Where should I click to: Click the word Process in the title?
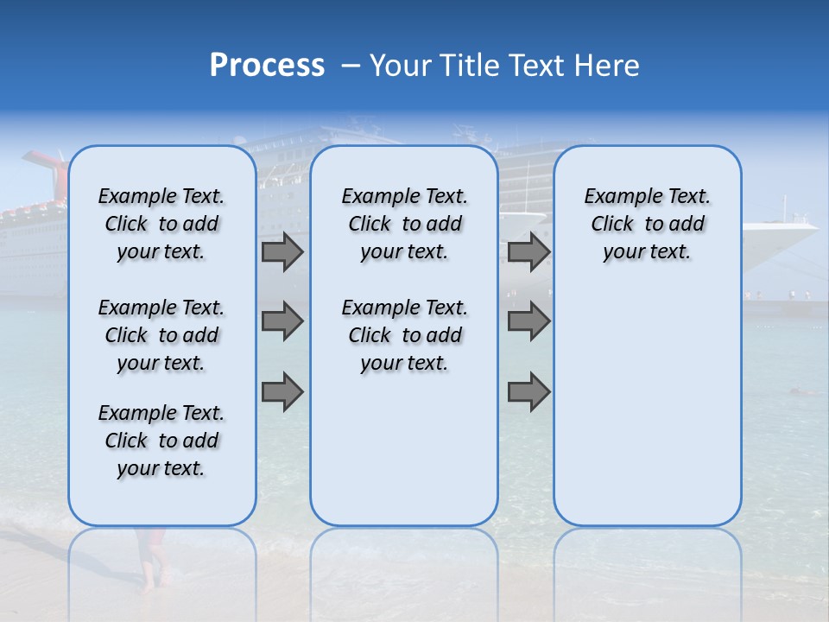(x=267, y=66)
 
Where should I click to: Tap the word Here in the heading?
(x=604, y=66)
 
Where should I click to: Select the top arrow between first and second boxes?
(x=282, y=251)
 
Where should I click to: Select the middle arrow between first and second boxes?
(x=282, y=321)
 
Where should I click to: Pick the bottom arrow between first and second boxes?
(x=282, y=392)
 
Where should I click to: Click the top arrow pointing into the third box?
(x=528, y=251)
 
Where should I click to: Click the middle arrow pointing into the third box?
(x=528, y=321)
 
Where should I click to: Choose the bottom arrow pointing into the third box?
(x=528, y=392)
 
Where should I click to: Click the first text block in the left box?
(x=161, y=224)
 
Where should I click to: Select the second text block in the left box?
(x=161, y=335)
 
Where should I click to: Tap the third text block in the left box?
(x=161, y=441)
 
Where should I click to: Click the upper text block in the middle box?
(x=404, y=224)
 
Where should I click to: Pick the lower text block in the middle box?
(x=404, y=335)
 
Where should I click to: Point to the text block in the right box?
(x=647, y=224)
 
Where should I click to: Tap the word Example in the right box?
(x=617, y=197)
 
